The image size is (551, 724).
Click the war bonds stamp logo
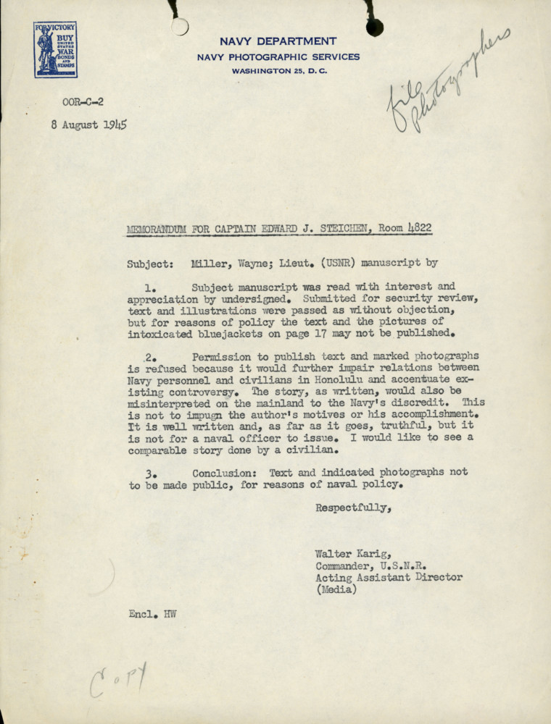(x=55, y=49)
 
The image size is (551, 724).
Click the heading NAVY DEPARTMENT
(x=278, y=41)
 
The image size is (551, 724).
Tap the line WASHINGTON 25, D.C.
(x=278, y=71)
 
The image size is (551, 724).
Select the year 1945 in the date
(x=115, y=124)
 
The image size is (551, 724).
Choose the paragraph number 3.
(x=149, y=473)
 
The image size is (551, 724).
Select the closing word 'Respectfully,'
(x=354, y=508)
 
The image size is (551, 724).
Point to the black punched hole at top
(x=374, y=28)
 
